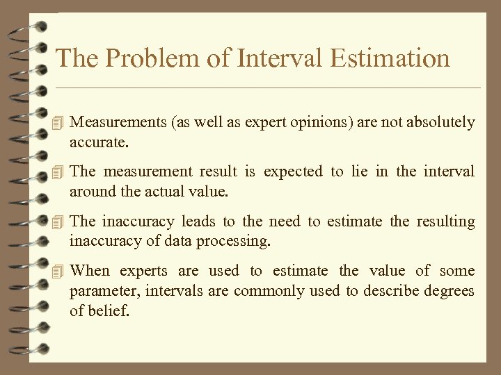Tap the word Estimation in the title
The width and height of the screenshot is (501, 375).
tap(390, 58)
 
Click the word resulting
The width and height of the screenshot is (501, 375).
tap(445, 222)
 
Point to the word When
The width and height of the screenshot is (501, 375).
tap(90, 271)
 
